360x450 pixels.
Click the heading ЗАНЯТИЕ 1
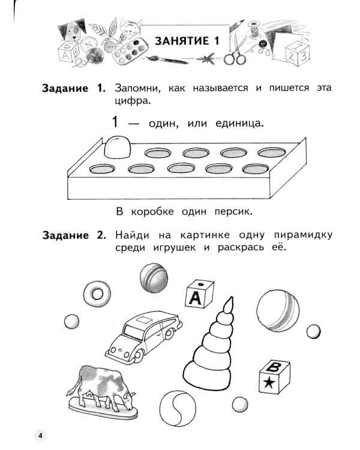tap(187, 41)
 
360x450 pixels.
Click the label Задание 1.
tap(73, 88)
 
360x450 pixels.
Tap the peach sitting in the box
tap(117, 146)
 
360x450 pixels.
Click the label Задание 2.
tap(73, 235)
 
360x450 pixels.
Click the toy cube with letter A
tap(198, 293)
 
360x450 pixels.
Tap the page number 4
tap(40, 435)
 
